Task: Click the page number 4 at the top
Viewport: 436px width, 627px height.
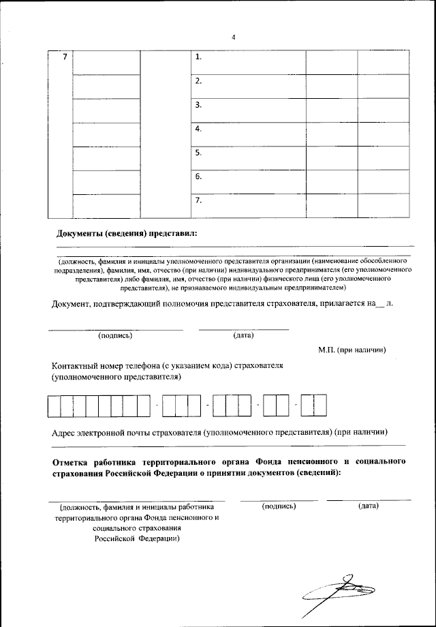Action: pos(233,37)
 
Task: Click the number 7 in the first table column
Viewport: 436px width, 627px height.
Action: pos(65,57)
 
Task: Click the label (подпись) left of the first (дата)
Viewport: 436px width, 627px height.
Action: pos(115,335)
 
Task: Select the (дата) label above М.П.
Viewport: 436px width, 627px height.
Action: pos(243,335)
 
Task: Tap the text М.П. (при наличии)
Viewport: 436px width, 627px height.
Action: pos(352,350)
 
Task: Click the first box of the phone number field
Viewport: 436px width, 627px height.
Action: pos(54,406)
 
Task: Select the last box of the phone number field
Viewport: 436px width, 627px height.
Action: pos(320,406)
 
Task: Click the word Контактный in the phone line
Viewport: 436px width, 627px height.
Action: pos(80,366)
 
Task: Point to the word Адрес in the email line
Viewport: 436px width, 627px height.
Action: pos(67,432)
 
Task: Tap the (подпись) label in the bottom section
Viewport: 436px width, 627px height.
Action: pos(279,506)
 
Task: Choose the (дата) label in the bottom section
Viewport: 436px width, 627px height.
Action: pos(369,506)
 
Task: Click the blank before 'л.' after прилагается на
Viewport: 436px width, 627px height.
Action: pos(380,305)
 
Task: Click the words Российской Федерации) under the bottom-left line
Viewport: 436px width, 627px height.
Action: pos(137,538)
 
